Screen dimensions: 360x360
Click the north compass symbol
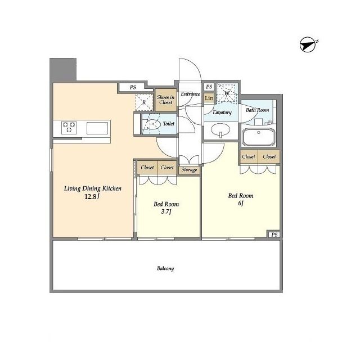tap(308, 44)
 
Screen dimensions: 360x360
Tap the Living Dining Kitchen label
tap(92, 189)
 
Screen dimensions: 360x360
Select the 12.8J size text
tap(92, 197)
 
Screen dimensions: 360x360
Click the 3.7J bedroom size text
tap(166, 211)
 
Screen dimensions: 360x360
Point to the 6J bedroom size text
tap(241, 203)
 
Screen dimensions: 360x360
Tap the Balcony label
tap(165, 268)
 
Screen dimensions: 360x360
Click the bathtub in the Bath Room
tap(259, 137)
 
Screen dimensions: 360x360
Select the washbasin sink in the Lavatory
tap(220, 130)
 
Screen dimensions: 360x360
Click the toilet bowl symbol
tap(152, 124)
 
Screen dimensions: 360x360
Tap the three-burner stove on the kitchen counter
tap(69, 128)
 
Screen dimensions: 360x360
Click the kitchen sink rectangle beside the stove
tap(97, 128)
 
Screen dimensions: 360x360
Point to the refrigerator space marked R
tap(144, 102)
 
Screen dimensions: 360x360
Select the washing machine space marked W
tap(227, 93)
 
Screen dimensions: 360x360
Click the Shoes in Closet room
tap(166, 100)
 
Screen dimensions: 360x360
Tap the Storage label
tap(189, 170)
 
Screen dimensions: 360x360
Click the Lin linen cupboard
tap(209, 98)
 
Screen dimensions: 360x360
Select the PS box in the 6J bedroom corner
tap(274, 235)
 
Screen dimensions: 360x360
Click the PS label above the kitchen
tap(133, 87)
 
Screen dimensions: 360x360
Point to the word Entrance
tap(190, 94)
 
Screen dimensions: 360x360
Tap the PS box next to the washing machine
tap(209, 87)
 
